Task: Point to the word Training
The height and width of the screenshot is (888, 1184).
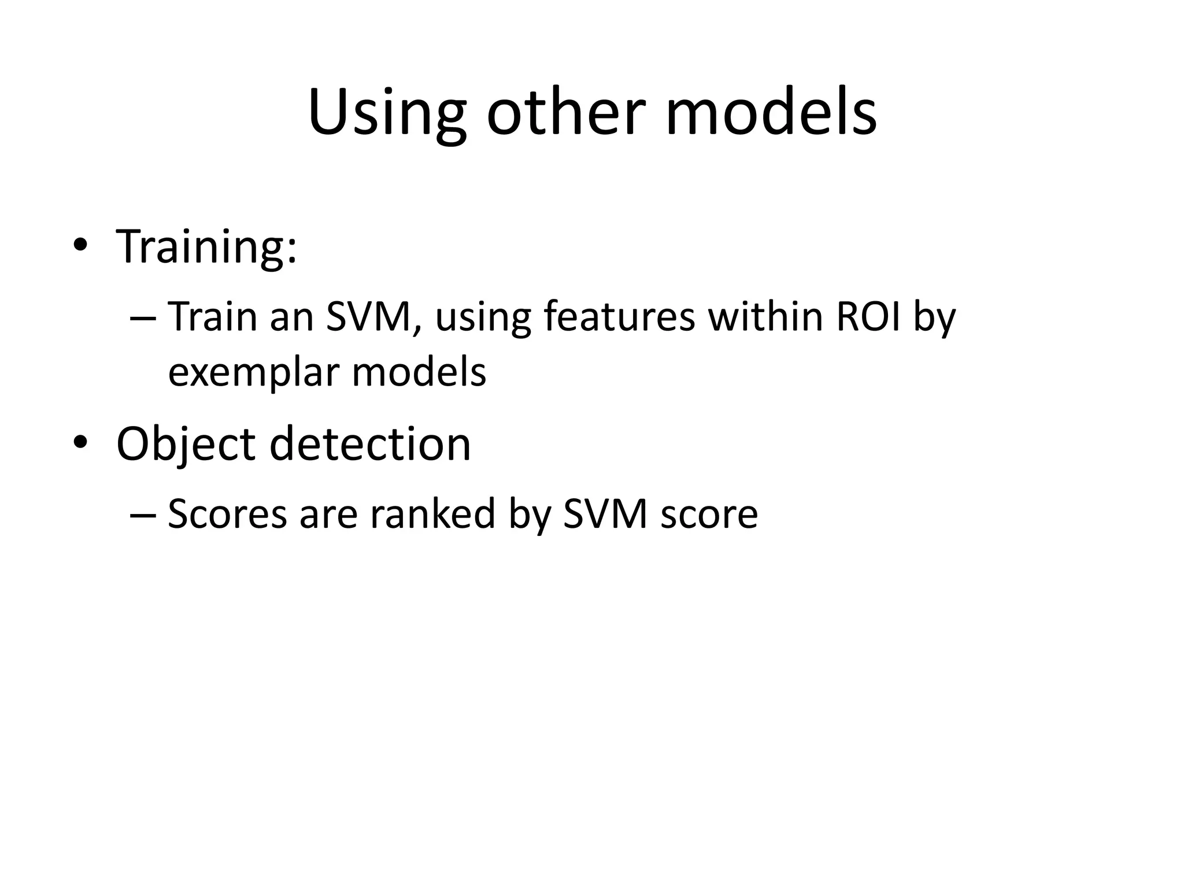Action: point(206,247)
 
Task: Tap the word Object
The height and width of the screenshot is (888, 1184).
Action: point(185,444)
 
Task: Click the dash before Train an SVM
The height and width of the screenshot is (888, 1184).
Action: point(143,319)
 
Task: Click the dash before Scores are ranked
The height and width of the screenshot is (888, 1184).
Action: point(143,515)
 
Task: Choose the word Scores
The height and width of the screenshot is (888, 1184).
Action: point(227,514)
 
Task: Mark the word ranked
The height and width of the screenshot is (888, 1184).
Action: point(432,514)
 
